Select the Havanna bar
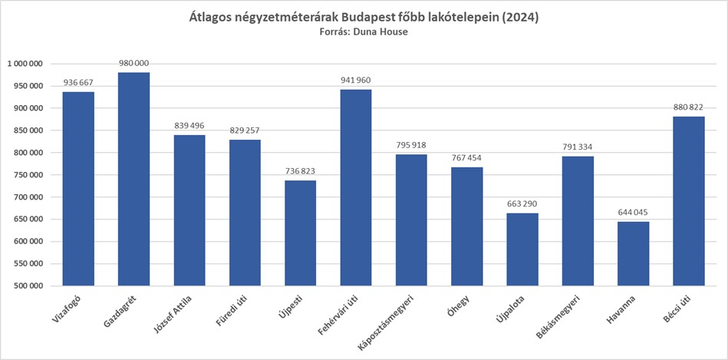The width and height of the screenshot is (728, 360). point(633,253)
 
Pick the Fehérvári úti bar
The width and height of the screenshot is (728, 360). point(355,187)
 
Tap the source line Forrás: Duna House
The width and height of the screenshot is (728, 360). point(364,32)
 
